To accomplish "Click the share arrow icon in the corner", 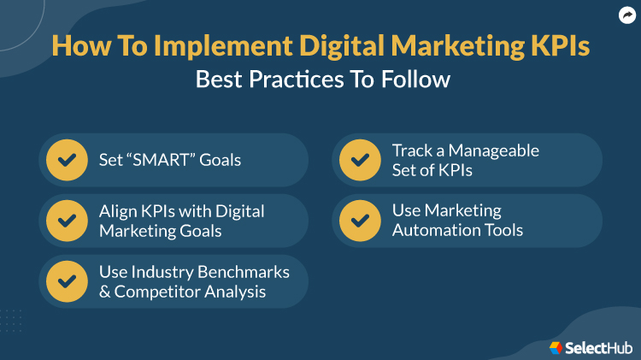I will (x=626, y=15).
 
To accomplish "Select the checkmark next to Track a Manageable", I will (x=360, y=160).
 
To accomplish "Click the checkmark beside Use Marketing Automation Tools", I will (x=360, y=221).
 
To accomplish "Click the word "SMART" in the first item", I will (x=162, y=160).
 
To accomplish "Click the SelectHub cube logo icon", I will (x=556, y=347).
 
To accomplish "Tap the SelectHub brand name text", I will (x=598, y=347).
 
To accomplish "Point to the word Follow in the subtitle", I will (x=416, y=80).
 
